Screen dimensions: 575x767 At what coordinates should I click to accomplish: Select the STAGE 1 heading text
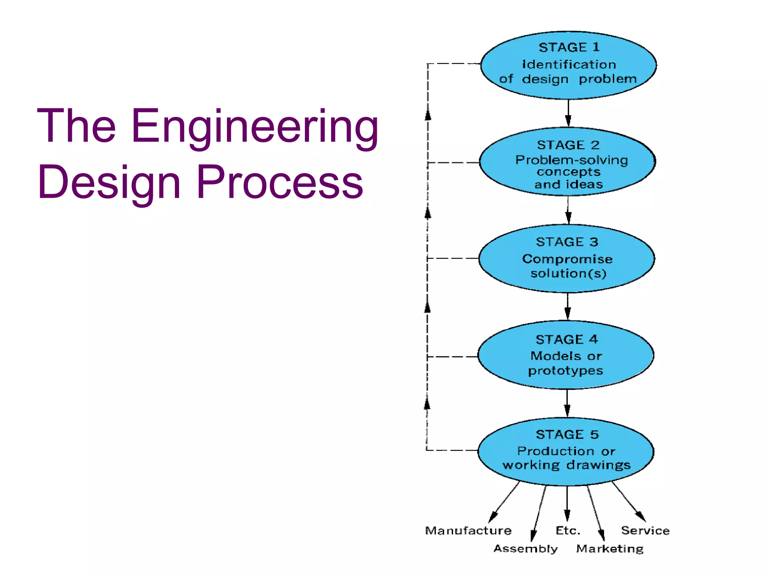click(569, 47)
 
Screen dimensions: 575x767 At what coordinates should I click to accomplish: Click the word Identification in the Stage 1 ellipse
click(569, 64)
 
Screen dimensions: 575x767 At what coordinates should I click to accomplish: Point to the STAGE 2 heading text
click(568, 145)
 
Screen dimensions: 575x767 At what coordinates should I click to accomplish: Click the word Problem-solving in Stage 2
click(571, 160)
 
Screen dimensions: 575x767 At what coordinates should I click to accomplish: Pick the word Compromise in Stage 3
click(567, 259)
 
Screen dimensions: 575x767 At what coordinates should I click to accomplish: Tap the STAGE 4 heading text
click(567, 339)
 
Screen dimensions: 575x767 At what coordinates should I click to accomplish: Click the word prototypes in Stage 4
click(566, 371)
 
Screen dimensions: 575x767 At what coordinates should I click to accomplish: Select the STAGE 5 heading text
click(567, 434)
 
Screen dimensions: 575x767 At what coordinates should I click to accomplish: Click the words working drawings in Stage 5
click(566, 465)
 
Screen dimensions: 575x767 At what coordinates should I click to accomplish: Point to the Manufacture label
click(468, 530)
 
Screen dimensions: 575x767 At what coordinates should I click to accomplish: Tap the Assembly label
click(525, 548)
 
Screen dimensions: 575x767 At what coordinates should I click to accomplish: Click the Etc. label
click(568, 530)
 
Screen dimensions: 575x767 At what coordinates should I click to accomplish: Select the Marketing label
click(610, 548)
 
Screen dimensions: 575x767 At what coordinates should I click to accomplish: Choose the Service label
click(645, 530)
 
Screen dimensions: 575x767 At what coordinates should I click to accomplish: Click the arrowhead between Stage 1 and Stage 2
click(568, 121)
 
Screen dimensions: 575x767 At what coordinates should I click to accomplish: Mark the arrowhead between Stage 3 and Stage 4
click(568, 313)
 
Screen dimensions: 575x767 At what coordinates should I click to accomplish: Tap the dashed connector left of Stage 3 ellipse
click(453, 258)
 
